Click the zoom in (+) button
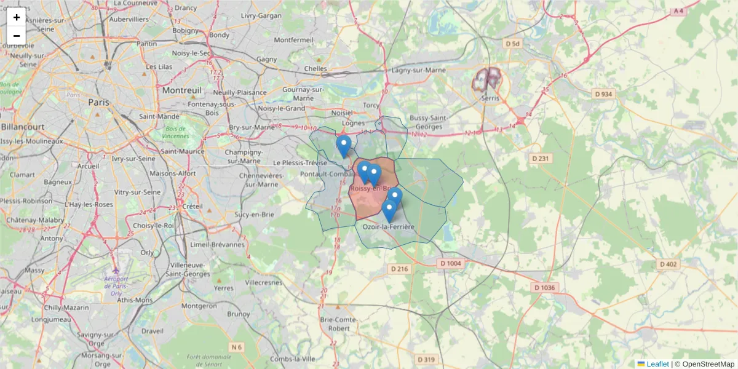[x=17, y=17]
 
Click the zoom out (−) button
[x=17, y=36]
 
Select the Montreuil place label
[x=182, y=90]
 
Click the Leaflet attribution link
[x=657, y=364]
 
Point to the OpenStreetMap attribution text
[x=708, y=364]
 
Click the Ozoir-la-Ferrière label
[x=389, y=227]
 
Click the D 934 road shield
[x=604, y=93]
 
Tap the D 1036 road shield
[x=544, y=287]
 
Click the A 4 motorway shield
[x=678, y=11]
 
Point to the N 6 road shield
[x=236, y=347]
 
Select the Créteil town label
[x=192, y=205]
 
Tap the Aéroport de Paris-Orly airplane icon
[x=116, y=269]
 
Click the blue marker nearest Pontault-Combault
[x=344, y=146]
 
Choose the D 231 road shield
[x=541, y=159]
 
